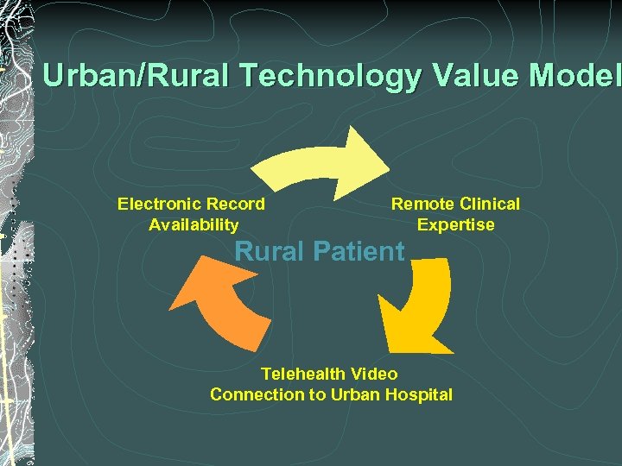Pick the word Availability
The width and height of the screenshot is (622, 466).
194,225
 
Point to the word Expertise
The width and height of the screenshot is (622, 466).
455,225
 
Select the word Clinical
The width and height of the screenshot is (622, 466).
490,205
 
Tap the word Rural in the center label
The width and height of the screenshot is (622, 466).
270,252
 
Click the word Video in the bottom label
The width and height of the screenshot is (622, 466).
375,375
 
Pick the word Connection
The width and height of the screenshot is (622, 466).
252,395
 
